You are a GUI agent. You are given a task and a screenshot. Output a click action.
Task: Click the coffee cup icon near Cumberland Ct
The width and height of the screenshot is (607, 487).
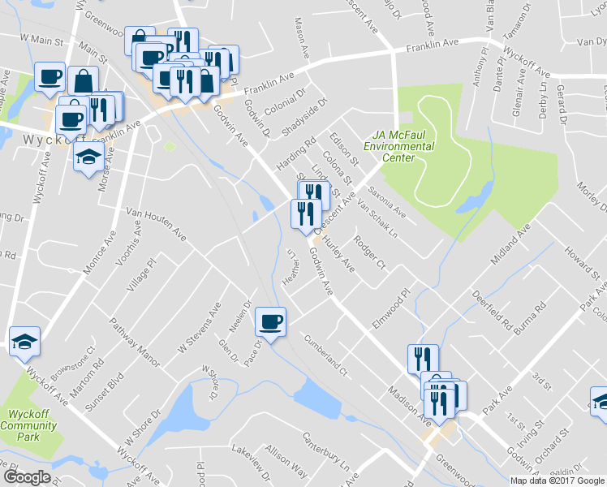(x=271, y=321)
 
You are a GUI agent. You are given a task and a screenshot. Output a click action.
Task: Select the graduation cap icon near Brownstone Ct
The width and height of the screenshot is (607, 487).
(x=24, y=342)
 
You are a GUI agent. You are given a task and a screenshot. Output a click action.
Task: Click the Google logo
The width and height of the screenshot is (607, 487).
(x=27, y=477)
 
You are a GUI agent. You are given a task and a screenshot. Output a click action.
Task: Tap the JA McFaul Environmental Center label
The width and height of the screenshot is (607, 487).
(x=398, y=146)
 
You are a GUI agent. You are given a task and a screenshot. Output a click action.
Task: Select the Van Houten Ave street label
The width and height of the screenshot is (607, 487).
(x=156, y=226)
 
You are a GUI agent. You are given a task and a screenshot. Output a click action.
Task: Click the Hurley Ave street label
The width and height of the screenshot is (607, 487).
(x=339, y=252)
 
